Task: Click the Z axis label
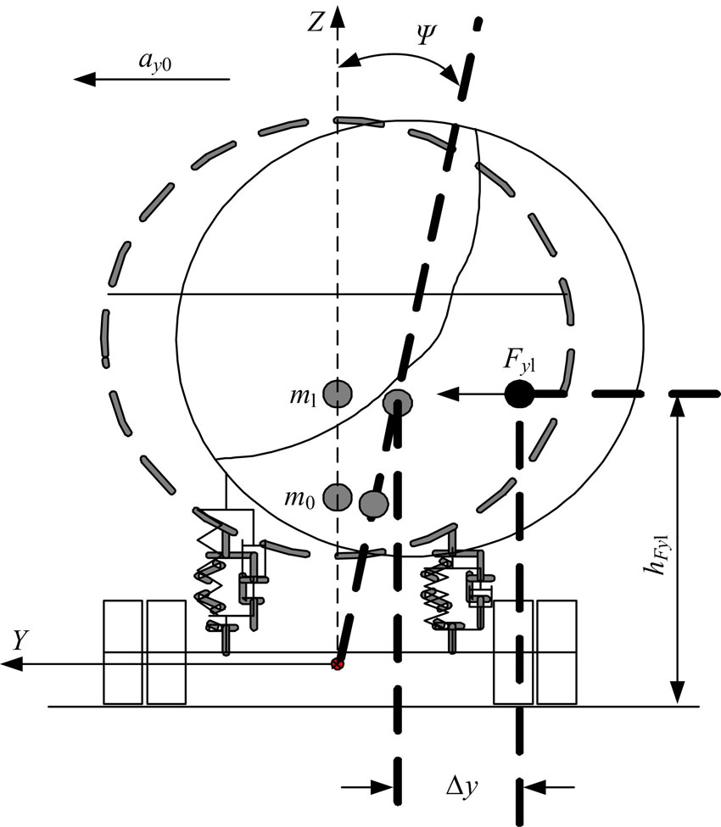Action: (315, 23)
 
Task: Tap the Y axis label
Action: (20, 640)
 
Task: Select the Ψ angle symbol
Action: (425, 34)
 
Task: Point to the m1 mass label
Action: (302, 396)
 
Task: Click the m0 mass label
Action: (299, 498)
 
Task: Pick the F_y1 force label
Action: (519, 361)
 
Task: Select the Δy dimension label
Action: (462, 787)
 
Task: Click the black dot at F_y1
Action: (519, 394)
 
